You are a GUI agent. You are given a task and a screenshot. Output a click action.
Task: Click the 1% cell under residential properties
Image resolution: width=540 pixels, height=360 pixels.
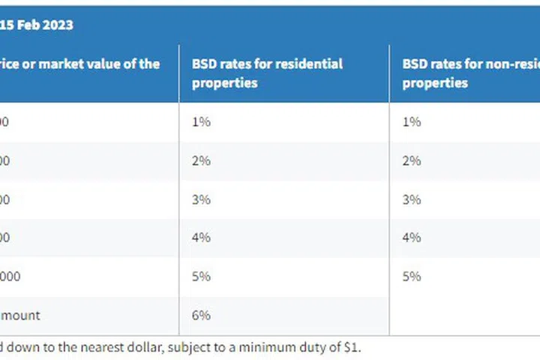pos(202,121)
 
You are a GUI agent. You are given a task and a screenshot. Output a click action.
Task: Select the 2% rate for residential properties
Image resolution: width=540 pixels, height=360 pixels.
pos(202,160)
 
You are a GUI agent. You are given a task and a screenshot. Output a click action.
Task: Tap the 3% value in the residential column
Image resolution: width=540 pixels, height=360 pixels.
pos(202,199)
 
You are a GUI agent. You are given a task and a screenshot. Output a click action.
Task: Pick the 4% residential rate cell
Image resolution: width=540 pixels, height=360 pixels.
pos(202,238)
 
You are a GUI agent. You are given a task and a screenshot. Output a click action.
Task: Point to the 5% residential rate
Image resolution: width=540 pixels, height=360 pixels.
pos(202,276)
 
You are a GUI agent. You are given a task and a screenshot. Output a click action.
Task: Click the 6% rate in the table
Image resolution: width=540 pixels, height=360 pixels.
pos(202,315)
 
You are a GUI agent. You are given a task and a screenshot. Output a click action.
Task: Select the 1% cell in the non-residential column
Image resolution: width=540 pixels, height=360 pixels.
pos(412,121)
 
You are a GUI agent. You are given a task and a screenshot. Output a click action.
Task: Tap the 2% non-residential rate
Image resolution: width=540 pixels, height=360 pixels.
pos(412,160)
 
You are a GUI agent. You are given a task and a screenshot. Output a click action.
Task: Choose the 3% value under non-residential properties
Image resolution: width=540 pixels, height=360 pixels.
pos(412,199)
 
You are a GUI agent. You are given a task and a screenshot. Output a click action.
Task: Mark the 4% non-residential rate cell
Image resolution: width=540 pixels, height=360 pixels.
pos(412,238)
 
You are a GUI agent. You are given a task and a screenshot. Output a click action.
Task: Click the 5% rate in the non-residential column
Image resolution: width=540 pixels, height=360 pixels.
pos(412,276)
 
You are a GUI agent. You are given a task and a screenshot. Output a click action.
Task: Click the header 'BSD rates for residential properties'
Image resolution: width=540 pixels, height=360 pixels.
pos(267,73)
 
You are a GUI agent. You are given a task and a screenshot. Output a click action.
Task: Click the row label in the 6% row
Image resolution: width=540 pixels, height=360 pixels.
pos(20,315)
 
